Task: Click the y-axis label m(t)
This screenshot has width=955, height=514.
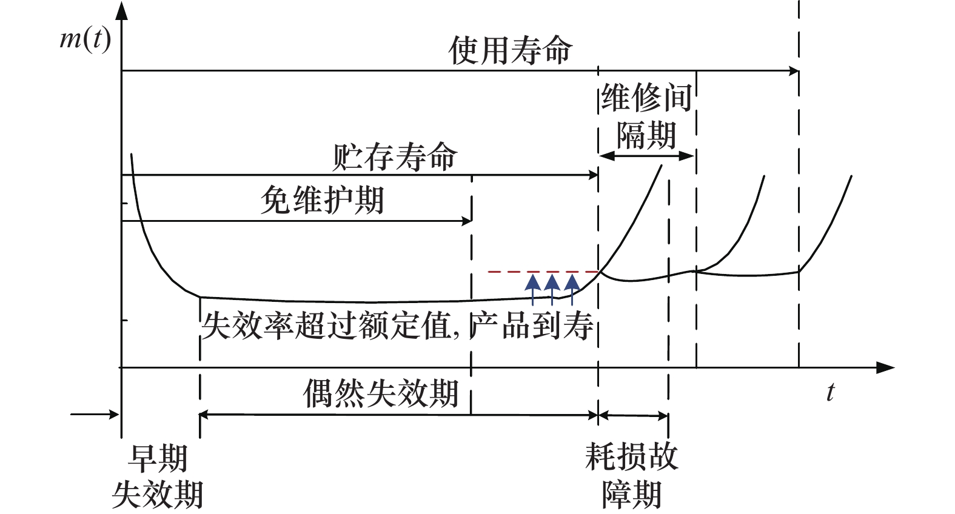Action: tap(85, 40)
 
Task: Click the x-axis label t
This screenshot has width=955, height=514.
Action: tap(830, 392)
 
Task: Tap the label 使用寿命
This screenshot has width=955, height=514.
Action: tap(510, 50)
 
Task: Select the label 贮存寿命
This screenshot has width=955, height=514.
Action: tap(394, 158)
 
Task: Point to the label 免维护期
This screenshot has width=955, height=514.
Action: tap(323, 201)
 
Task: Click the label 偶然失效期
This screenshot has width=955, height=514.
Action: tap(381, 394)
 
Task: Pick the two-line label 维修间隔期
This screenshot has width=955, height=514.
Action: tap(646, 116)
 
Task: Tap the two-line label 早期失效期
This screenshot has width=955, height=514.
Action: tap(158, 476)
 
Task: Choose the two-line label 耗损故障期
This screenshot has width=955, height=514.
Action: tap(631, 475)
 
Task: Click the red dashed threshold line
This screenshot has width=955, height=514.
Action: tap(543, 272)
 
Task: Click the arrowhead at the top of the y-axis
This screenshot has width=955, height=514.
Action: tap(122, 10)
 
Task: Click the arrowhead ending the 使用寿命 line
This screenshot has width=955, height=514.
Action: tap(794, 71)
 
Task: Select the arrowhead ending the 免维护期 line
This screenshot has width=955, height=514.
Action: tap(467, 221)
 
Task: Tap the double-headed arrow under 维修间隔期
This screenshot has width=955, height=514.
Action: tap(646, 156)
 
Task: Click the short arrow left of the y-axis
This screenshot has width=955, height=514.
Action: tap(95, 415)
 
